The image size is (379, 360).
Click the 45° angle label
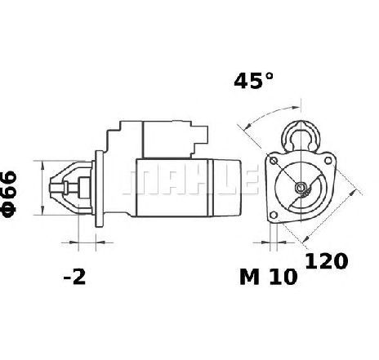click(x=253, y=81)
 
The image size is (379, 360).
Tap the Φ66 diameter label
click(x=9, y=194)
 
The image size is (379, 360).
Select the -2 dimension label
click(x=74, y=278)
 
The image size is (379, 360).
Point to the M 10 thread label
click(x=269, y=277)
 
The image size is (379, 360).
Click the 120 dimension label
click(x=326, y=261)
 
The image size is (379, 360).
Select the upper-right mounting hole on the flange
click(x=328, y=161)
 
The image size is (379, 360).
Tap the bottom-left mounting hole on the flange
click(x=274, y=216)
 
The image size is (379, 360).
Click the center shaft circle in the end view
click(x=301, y=187)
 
